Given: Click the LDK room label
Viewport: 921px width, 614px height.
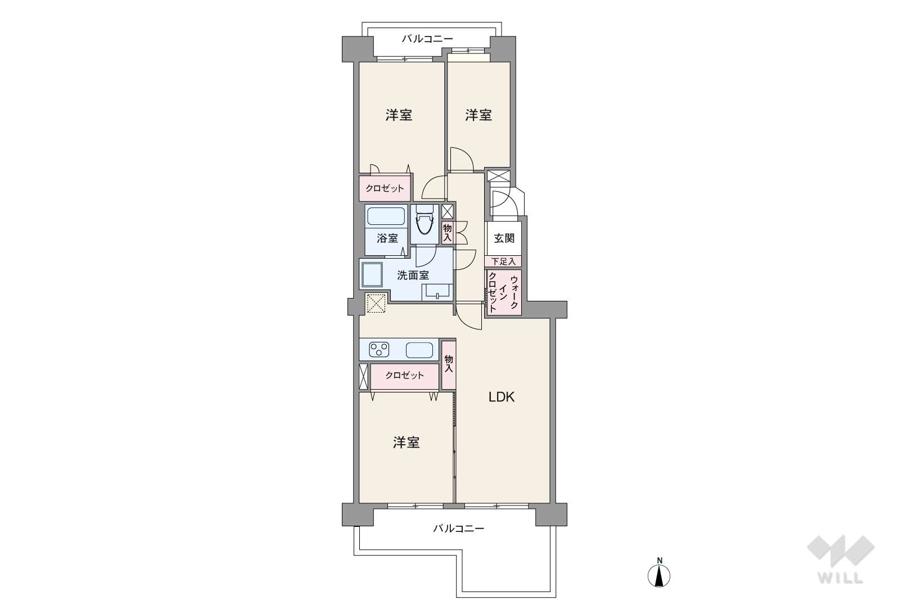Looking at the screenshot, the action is pyautogui.click(x=501, y=398).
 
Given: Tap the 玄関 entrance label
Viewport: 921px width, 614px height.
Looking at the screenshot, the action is pyautogui.click(x=504, y=238).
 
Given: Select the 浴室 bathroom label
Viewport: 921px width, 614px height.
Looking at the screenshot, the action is pyautogui.click(x=387, y=238).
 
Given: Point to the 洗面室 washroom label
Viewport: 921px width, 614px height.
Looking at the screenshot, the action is pyautogui.click(x=413, y=275).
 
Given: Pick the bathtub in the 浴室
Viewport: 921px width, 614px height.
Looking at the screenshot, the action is pyautogui.click(x=386, y=216).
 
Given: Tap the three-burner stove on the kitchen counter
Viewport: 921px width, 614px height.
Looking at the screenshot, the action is pyautogui.click(x=379, y=350).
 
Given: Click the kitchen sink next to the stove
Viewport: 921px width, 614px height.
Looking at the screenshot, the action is pyautogui.click(x=419, y=350).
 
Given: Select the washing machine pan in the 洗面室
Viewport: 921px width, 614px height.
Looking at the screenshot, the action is pyautogui.click(x=372, y=275).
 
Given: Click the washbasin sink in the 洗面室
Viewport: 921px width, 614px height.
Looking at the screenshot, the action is pyautogui.click(x=437, y=292).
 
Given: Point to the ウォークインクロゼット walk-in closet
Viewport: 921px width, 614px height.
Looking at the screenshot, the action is pyautogui.click(x=503, y=292).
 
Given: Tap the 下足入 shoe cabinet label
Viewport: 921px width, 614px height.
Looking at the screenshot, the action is pyautogui.click(x=503, y=261).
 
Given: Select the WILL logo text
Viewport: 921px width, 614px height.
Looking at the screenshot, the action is pyautogui.click(x=841, y=579).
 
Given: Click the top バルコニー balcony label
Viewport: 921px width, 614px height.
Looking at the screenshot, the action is pyautogui.click(x=427, y=39).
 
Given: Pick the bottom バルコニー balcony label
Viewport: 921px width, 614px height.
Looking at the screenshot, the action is pyautogui.click(x=458, y=528).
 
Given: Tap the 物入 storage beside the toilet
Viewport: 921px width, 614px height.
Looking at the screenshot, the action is pyautogui.click(x=448, y=233).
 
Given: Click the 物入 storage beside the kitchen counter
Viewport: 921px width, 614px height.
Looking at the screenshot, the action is pyautogui.click(x=449, y=364).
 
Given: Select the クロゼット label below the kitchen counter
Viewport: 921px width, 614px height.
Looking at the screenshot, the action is pyautogui.click(x=405, y=375).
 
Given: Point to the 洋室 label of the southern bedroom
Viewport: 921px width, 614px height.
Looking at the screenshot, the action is pyautogui.click(x=406, y=443).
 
